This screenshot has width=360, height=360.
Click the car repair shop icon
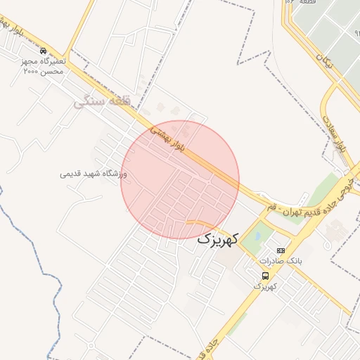[x=44, y=51]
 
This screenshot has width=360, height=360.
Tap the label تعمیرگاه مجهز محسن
[x=42, y=62]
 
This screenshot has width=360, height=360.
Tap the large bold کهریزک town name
[x=218, y=239]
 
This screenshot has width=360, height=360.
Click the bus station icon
[x=265, y=276]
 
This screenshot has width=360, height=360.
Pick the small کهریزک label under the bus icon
[x=265, y=287]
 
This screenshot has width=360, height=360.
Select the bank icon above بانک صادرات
[x=281, y=250]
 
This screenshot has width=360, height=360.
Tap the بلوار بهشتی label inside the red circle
[x=169, y=138]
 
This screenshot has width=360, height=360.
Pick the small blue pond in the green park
[x=256, y=236]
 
